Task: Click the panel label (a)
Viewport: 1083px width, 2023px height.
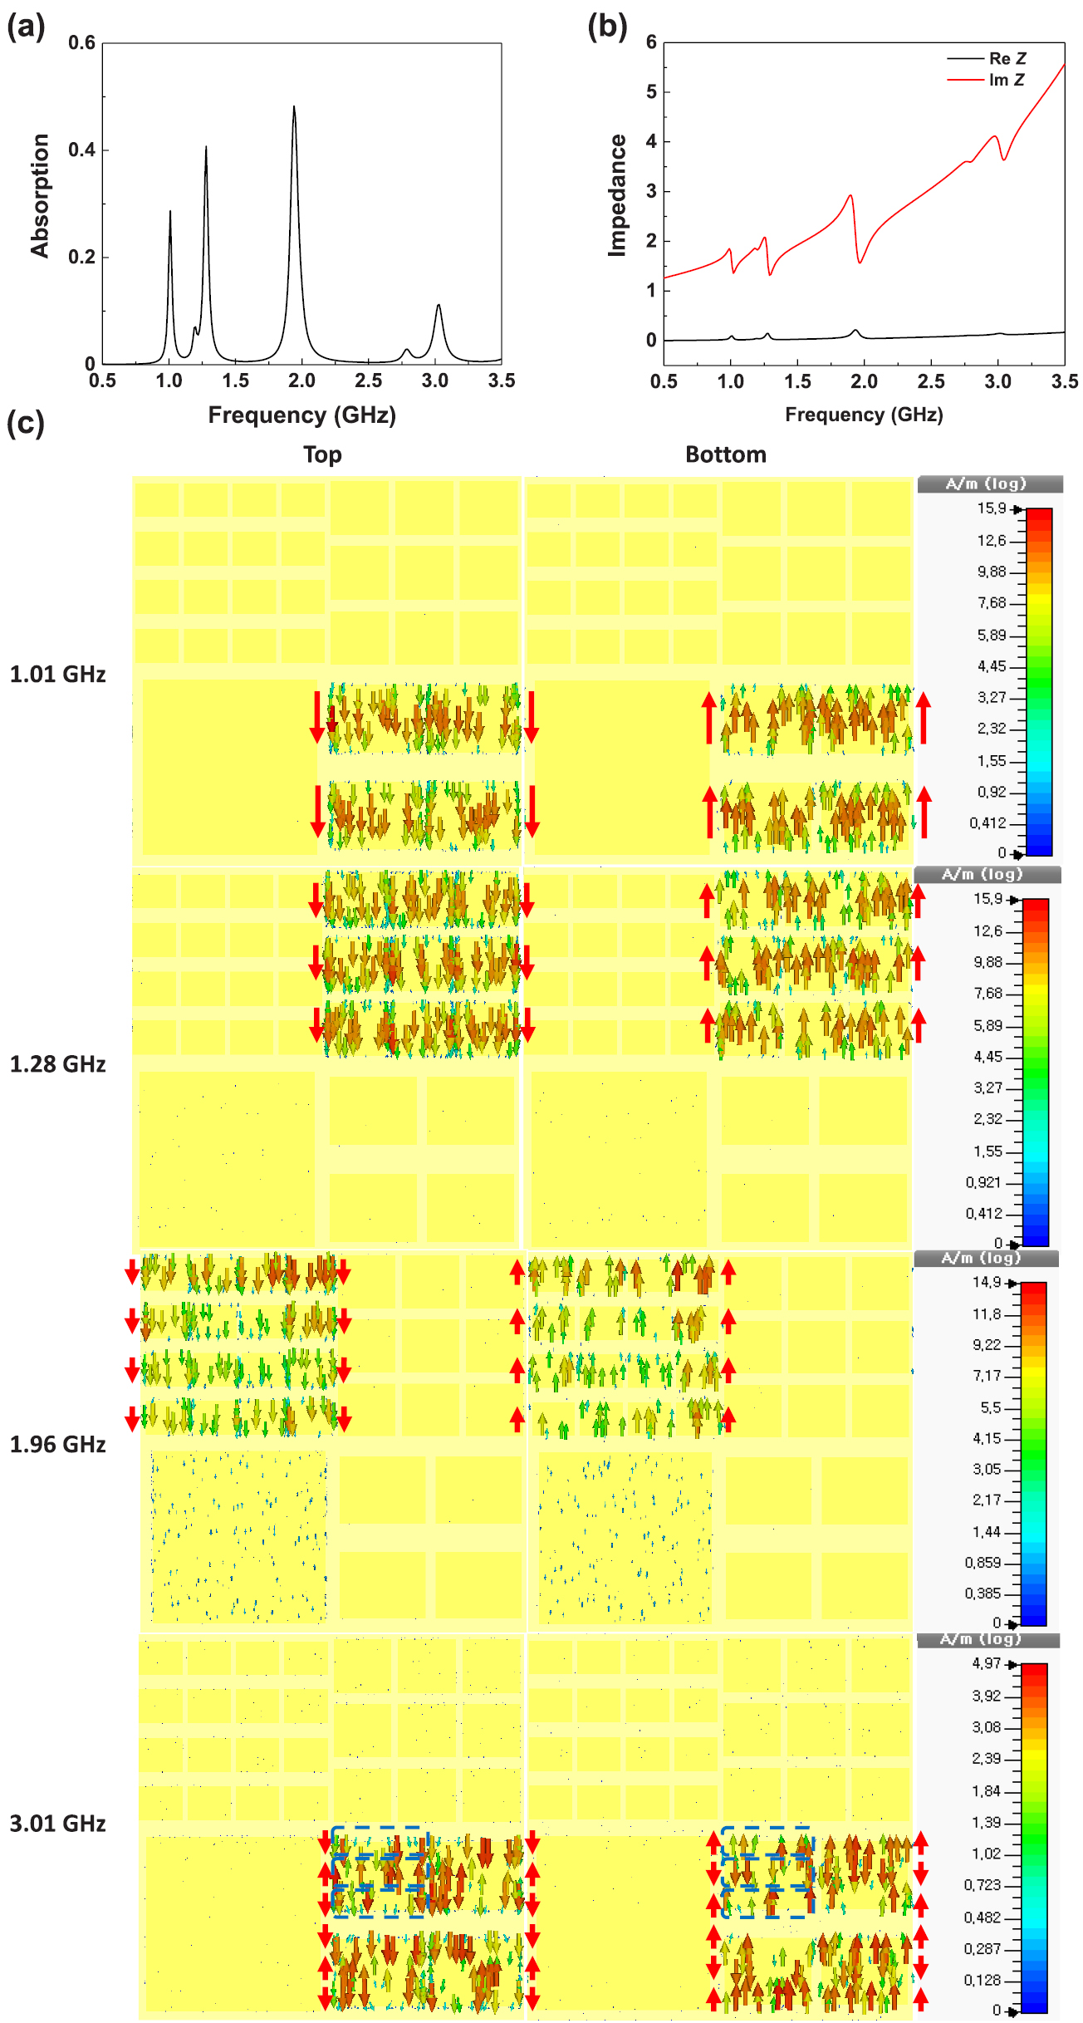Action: pyautogui.click(x=26, y=27)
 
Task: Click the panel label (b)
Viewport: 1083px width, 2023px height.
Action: pyautogui.click(x=607, y=27)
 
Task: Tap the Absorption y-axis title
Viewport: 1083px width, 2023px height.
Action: pyautogui.click(x=40, y=196)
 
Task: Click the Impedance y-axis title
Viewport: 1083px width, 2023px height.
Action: pyautogui.click(x=617, y=196)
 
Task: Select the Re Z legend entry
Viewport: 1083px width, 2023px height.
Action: pyautogui.click(x=1007, y=59)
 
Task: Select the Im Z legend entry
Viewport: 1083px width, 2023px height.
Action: pyautogui.click(x=1007, y=81)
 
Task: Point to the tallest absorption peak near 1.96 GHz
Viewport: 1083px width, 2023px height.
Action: pyautogui.click(x=294, y=107)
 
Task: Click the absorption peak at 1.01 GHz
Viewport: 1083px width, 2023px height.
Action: pyautogui.click(x=170, y=212)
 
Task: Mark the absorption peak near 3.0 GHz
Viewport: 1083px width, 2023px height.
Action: pyautogui.click(x=439, y=307)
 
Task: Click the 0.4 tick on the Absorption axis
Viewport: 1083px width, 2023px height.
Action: pyautogui.click(x=81, y=150)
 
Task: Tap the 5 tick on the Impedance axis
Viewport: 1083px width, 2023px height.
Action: pyautogui.click(x=651, y=92)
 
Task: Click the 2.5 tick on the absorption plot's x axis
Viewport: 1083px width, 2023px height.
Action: pyautogui.click(x=369, y=381)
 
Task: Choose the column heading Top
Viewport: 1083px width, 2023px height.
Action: pyautogui.click(x=322, y=454)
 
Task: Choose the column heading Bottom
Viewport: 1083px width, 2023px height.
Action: pyautogui.click(x=726, y=454)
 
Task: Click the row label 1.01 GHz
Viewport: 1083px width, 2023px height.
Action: pyautogui.click(x=57, y=674)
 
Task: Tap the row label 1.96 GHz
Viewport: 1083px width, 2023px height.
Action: pyautogui.click(x=57, y=1445)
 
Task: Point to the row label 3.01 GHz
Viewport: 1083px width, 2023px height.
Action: pyautogui.click(x=57, y=1824)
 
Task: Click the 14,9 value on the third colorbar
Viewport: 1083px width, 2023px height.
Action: pyautogui.click(x=987, y=1283)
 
